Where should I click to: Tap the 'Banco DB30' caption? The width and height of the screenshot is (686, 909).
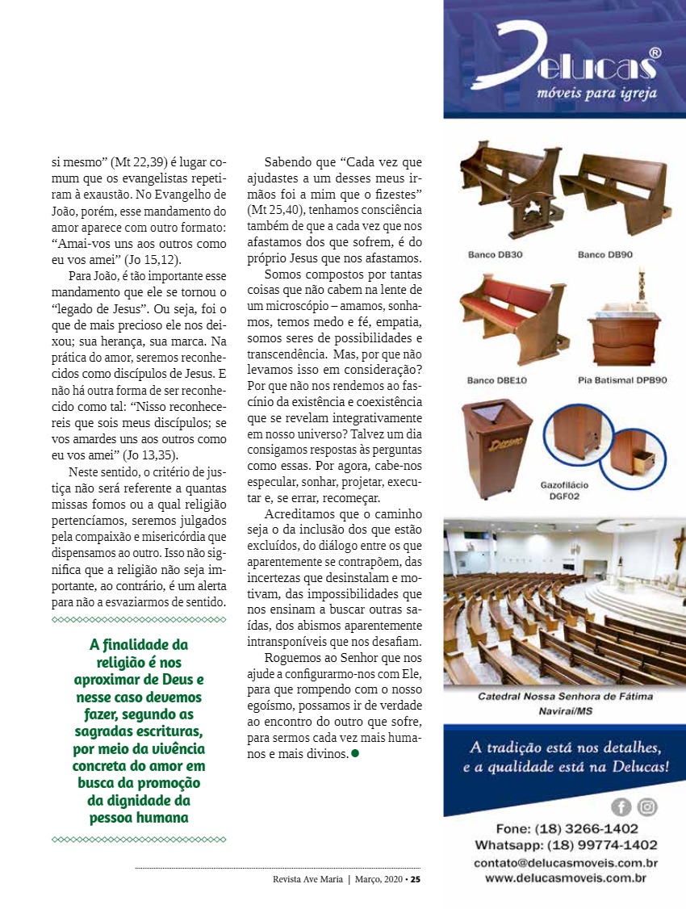point(495,255)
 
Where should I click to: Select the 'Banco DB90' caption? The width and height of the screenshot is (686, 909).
point(604,255)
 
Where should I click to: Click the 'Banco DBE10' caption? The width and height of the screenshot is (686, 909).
point(496,380)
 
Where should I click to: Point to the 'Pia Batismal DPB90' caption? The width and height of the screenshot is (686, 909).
point(622,380)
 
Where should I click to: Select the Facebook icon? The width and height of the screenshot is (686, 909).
point(622,806)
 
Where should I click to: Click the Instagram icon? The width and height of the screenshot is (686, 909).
point(647,806)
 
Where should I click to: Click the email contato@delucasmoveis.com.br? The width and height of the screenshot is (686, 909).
point(565,863)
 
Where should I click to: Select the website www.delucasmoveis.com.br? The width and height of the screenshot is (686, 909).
point(565,878)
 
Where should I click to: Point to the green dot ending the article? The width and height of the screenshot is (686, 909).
point(354,753)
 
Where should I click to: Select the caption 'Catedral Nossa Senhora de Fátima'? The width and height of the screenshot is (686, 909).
point(565,696)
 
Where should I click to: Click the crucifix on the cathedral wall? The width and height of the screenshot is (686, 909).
point(679,549)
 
